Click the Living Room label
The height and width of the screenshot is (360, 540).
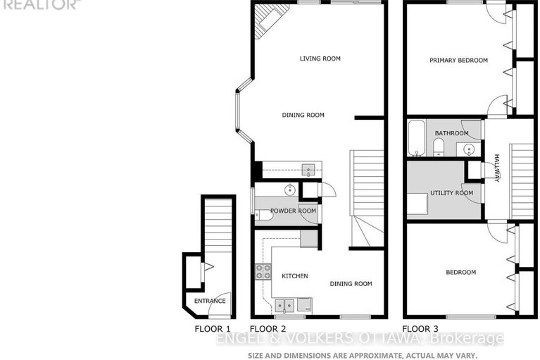(x=320, y=58)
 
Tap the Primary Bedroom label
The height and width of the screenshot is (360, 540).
(x=458, y=61)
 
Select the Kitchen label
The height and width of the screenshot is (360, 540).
(x=294, y=275)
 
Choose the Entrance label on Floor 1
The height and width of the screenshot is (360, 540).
(x=211, y=301)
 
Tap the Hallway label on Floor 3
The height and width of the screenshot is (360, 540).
(x=496, y=168)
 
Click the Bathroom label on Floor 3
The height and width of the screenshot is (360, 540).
(x=451, y=133)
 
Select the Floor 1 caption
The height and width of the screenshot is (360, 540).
(x=213, y=329)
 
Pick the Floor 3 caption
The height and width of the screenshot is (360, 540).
(x=420, y=329)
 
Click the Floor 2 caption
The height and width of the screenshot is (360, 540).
(x=268, y=329)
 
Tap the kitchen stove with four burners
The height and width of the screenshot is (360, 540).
(x=263, y=271)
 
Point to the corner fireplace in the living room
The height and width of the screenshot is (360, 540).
(x=266, y=21)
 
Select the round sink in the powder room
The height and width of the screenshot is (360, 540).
(x=289, y=190)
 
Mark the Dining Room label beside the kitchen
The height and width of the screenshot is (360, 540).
(x=351, y=284)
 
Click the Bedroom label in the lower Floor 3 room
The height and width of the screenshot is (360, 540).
(x=461, y=272)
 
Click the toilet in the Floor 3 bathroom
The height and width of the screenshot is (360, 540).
(x=438, y=147)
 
